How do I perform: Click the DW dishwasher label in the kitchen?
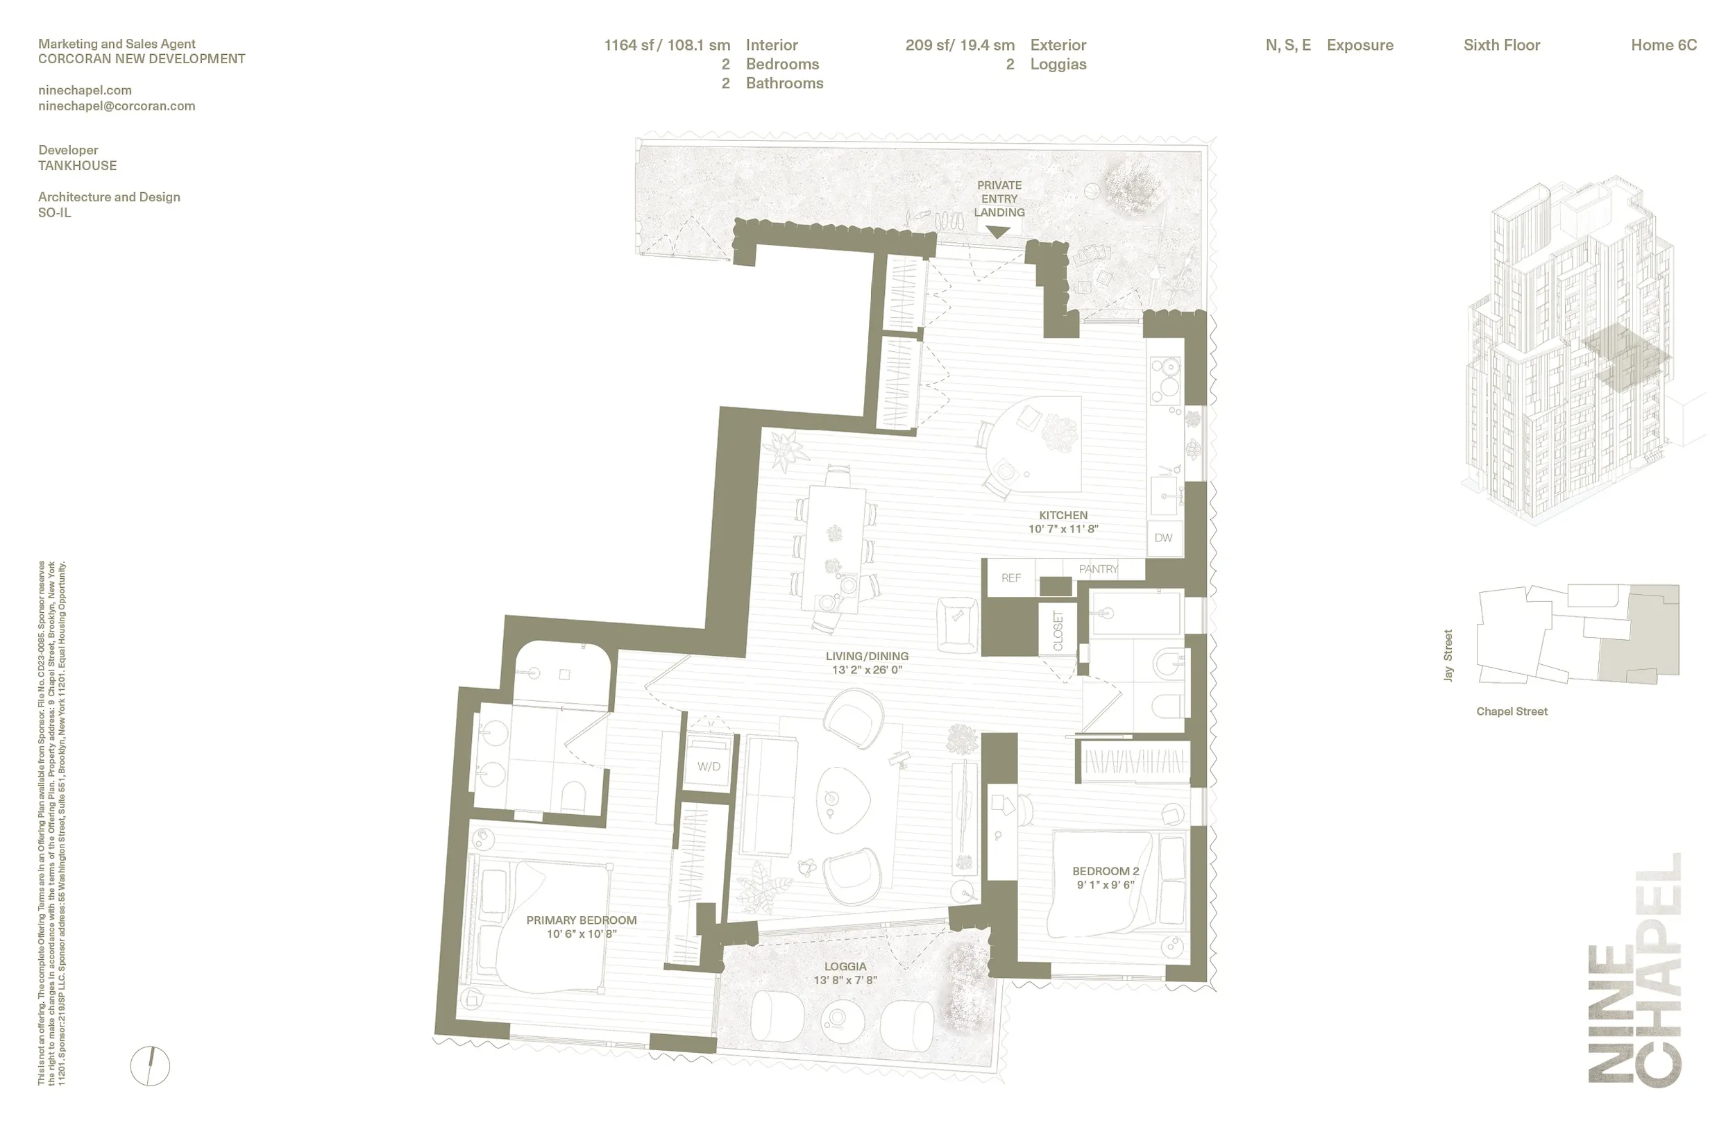[x=1163, y=538]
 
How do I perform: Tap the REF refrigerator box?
[x=1011, y=578]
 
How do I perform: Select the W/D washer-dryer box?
[x=709, y=766]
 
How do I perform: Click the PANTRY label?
[x=1098, y=569]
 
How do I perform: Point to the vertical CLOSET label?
[x=1058, y=631]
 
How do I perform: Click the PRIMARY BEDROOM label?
[x=582, y=920]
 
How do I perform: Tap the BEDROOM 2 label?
[x=1105, y=870]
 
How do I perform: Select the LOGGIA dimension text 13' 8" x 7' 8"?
[x=845, y=980]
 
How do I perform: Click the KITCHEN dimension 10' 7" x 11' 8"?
[x=1063, y=529]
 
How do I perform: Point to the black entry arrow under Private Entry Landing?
[x=998, y=232]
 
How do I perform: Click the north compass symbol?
[x=150, y=1065]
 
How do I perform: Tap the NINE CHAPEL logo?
[x=1634, y=970]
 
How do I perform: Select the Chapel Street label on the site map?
[x=1512, y=711]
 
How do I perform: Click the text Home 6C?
[x=1664, y=45]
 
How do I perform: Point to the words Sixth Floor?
[x=1502, y=45]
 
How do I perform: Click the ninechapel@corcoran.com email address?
[x=117, y=105]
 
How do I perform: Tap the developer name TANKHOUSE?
[x=77, y=165]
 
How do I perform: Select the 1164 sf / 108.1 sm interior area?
[x=666, y=45]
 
